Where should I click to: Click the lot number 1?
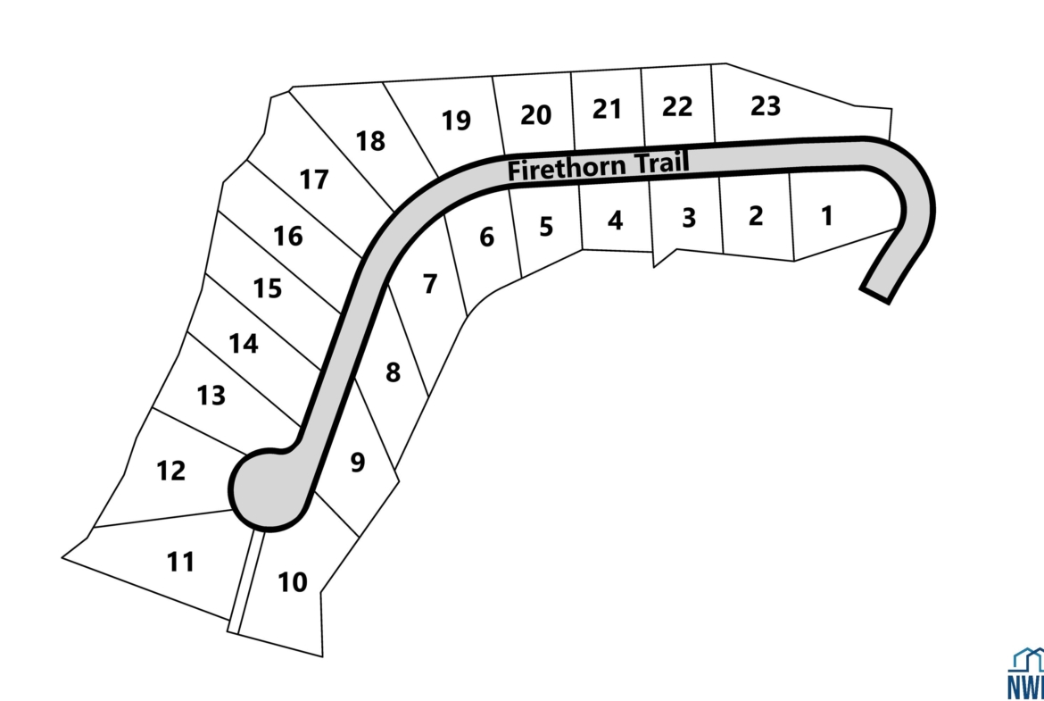(x=826, y=216)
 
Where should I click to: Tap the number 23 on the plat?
(x=765, y=106)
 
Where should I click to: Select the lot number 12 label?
(x=170, y=471)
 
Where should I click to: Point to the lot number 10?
(x=292, y=583)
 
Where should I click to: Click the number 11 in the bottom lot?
(x=180, y=563)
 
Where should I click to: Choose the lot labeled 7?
(x=430, y=284)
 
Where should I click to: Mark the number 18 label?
(x=370, y=141)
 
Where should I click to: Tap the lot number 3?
(x=688, y=218)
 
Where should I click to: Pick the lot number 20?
(x=535, y=115)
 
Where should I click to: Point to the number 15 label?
(x=268, y=289)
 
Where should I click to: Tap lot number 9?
(x=357, y=463)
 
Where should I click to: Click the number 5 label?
(x=546, y=227)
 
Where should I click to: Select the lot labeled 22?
(x=677, y=107)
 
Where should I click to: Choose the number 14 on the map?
(x=243, y=344)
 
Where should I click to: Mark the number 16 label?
(x=288, y=237)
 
